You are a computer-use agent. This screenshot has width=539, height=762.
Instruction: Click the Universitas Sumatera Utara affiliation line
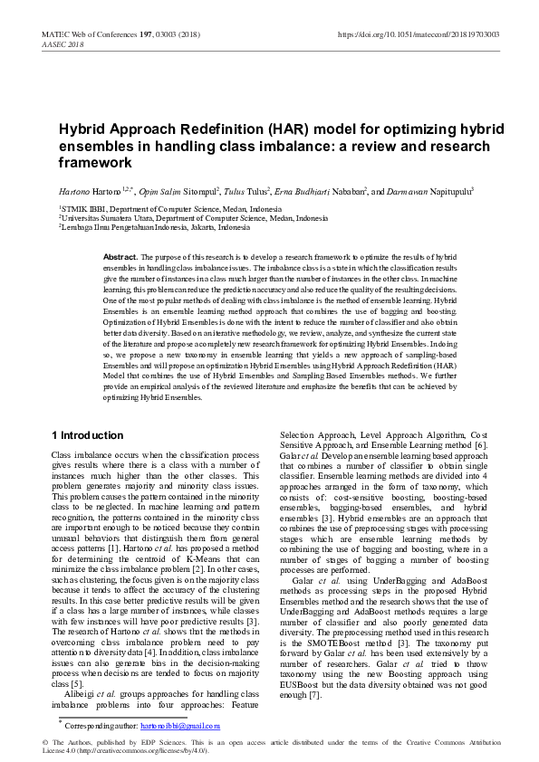tap(194, 218)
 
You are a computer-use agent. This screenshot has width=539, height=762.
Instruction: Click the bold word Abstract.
tap(120, 258)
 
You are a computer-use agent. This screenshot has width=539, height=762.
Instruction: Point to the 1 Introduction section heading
tap(87, 435)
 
